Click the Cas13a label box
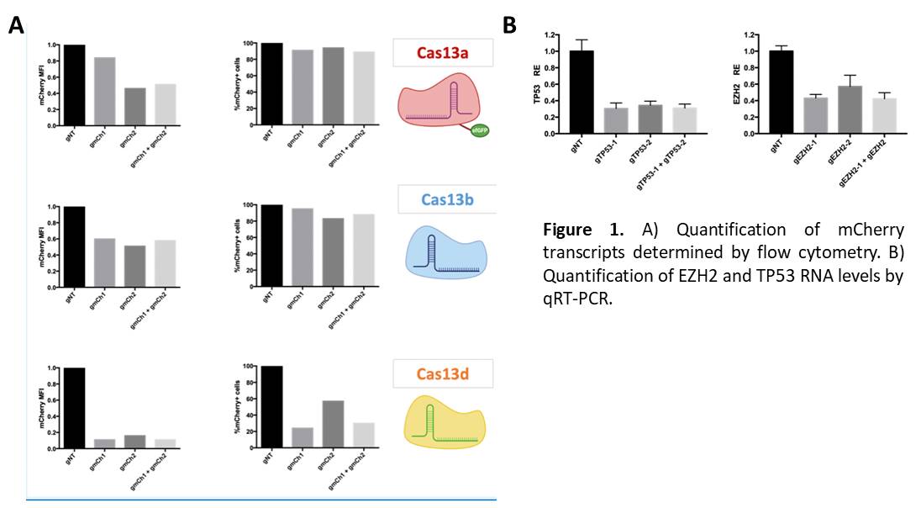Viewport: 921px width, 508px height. (442, 53)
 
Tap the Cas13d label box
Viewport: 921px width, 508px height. (443, 373)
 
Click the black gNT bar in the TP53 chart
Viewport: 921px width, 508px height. (582, 92)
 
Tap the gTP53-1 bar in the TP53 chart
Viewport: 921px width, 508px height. (616, 120)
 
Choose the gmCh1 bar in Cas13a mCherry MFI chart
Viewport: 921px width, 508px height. (105, 92)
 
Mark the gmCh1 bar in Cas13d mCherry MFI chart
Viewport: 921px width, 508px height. (105, 445)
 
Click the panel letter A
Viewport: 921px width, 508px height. (15, 26)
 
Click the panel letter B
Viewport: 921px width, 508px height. (509, 26)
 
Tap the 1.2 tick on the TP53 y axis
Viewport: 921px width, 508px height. (550, 35)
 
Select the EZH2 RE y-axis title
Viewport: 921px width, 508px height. (735, 84)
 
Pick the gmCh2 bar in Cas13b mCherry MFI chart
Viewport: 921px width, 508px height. (134, 265)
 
